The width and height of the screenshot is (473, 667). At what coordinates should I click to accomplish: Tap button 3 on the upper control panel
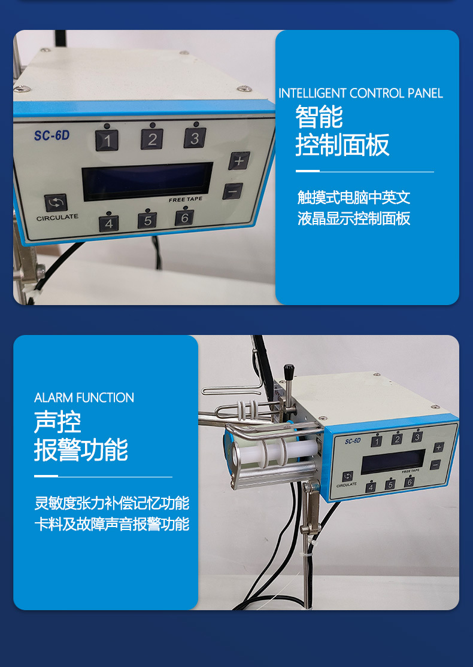pos(195,138)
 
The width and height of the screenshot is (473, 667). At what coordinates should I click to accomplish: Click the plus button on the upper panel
pos(239,161)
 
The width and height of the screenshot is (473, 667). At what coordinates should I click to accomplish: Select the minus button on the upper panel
pos(232,191)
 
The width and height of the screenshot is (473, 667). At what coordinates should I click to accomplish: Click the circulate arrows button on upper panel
pos(56,203)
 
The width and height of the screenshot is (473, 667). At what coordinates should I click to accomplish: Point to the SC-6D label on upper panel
pos(51,136)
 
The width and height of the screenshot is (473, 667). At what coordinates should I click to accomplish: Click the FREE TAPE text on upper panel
pos(186,200)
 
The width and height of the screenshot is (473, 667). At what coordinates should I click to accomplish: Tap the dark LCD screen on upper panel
pos(147,181)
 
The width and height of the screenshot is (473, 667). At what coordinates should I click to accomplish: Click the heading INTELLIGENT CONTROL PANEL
pos(360,93)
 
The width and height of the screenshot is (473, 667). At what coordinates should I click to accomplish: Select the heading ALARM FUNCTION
pos(84,398)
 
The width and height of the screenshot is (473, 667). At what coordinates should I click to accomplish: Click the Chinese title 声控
pos(57,422)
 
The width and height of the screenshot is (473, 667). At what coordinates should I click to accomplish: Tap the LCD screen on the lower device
pos(393,462)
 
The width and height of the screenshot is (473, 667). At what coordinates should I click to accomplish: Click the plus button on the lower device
pos(438,447)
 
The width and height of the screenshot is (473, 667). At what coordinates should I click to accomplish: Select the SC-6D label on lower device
pos(353,441)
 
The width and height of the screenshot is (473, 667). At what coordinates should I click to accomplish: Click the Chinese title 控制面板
pos(342,145)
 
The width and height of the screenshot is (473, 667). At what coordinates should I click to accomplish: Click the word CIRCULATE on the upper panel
pos(57,218)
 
